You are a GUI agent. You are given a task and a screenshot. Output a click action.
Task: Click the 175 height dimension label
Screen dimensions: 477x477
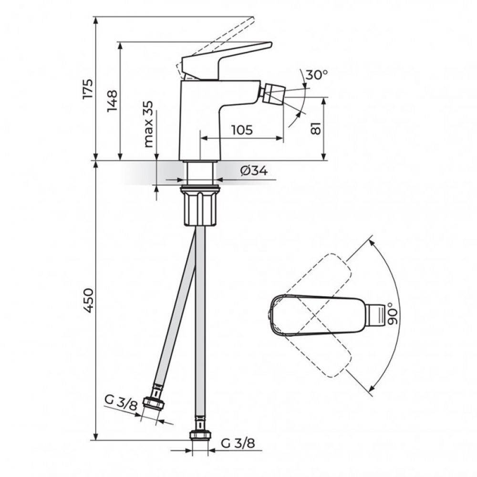pyautogui.click(x=87, y=89)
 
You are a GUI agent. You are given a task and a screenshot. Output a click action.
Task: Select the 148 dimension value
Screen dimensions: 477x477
pyautogui.click(x=112, y=101)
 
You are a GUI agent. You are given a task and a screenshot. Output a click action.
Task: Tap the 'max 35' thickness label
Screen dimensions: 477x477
pyautogui.click(x=148, y=124)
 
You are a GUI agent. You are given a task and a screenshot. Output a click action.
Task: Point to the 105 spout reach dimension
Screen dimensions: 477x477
pyautogui.click(x=242, y=130)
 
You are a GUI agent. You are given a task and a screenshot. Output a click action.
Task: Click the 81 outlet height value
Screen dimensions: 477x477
pyautogui.click(x=316, y=129)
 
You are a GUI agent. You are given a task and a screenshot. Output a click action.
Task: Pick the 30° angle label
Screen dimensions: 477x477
pyautogui.click(x=317, y=74)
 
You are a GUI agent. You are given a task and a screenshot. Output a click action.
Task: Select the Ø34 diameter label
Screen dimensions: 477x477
pyautogui.click(x=254, y=171)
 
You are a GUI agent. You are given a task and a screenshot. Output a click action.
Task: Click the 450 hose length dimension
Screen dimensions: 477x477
pyautogui.click(x=87, y=301)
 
